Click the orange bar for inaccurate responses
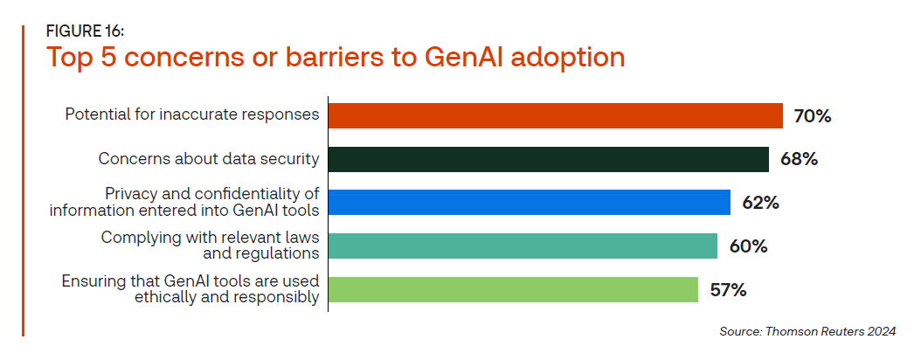tap(555, 115)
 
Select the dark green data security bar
tap(549, 159)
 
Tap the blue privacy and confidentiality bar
tap(530, 203)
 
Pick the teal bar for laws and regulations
tap(523, 246)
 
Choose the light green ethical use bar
tap(513, 289)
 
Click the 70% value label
tap(813, 116)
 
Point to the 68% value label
tap(800, 160)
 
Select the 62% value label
tap(760, 204)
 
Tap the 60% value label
tap(748, 246)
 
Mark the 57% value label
tap(729, 290)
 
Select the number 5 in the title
tap(110, 58)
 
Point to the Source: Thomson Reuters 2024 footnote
tap(807, 332)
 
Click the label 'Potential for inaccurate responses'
tap(192, 114)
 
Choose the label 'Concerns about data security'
tap(209, 158)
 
